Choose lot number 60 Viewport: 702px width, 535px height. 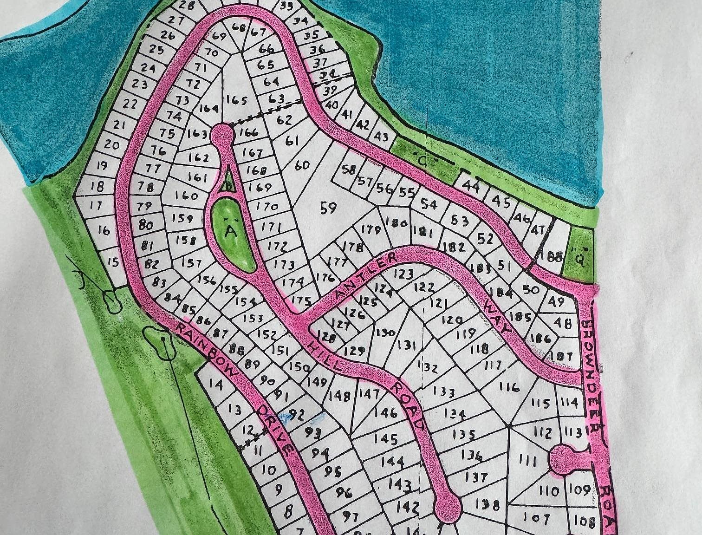point(302,165)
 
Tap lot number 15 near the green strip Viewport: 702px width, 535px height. point(113,263)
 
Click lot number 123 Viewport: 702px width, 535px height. point(403,274)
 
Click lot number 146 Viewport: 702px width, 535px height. point(385,413)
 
